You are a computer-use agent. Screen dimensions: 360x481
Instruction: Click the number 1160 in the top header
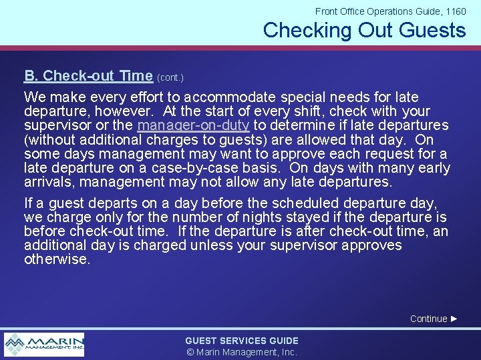point(455,11)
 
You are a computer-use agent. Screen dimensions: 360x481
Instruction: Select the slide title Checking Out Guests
point(364,30)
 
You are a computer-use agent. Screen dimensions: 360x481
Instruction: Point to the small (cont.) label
point(170,77)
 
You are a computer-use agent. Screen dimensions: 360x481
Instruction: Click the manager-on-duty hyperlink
point(193,125)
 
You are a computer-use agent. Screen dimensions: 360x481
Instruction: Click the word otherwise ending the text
point(56,259)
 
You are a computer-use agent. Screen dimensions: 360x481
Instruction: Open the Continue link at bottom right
point(428,319)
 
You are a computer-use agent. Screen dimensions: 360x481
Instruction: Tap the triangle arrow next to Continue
point(454,319)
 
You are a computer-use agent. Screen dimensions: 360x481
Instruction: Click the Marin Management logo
point(44,344)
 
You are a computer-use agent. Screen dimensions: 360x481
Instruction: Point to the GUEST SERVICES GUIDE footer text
point(242,341)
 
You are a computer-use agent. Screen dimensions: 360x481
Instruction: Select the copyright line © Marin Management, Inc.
point(242,352)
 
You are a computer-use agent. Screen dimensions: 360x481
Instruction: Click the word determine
point(293,125)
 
